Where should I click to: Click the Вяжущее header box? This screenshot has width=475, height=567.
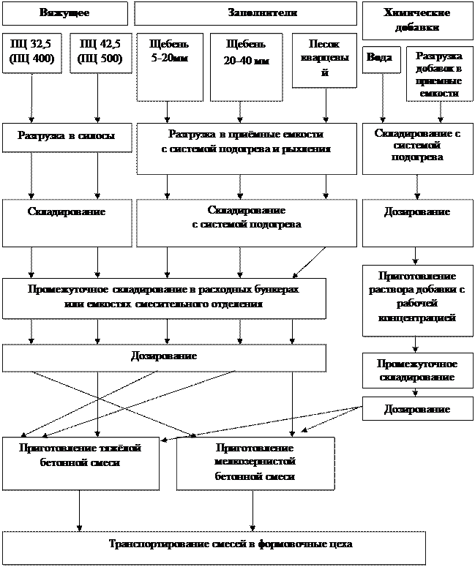pos(64,14)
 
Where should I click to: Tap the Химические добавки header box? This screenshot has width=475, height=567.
pos(417,20)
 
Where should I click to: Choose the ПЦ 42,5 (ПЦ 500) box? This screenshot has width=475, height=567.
pos(100,53)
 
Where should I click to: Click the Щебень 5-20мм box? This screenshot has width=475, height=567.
pos(169,66)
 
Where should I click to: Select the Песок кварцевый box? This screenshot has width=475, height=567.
pos(320,66)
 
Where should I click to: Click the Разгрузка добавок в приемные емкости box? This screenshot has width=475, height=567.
pos(439,75)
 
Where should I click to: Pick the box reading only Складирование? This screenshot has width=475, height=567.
pos(66,223)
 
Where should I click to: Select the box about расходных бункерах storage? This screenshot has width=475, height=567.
pos(163,297)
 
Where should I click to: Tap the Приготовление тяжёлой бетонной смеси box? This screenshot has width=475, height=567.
pos(80,463)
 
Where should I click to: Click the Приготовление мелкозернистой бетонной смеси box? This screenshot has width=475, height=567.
pos(255,463)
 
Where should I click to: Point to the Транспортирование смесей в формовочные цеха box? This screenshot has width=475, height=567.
pos(213,547)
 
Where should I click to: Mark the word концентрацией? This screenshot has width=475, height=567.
pos(417,318)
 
